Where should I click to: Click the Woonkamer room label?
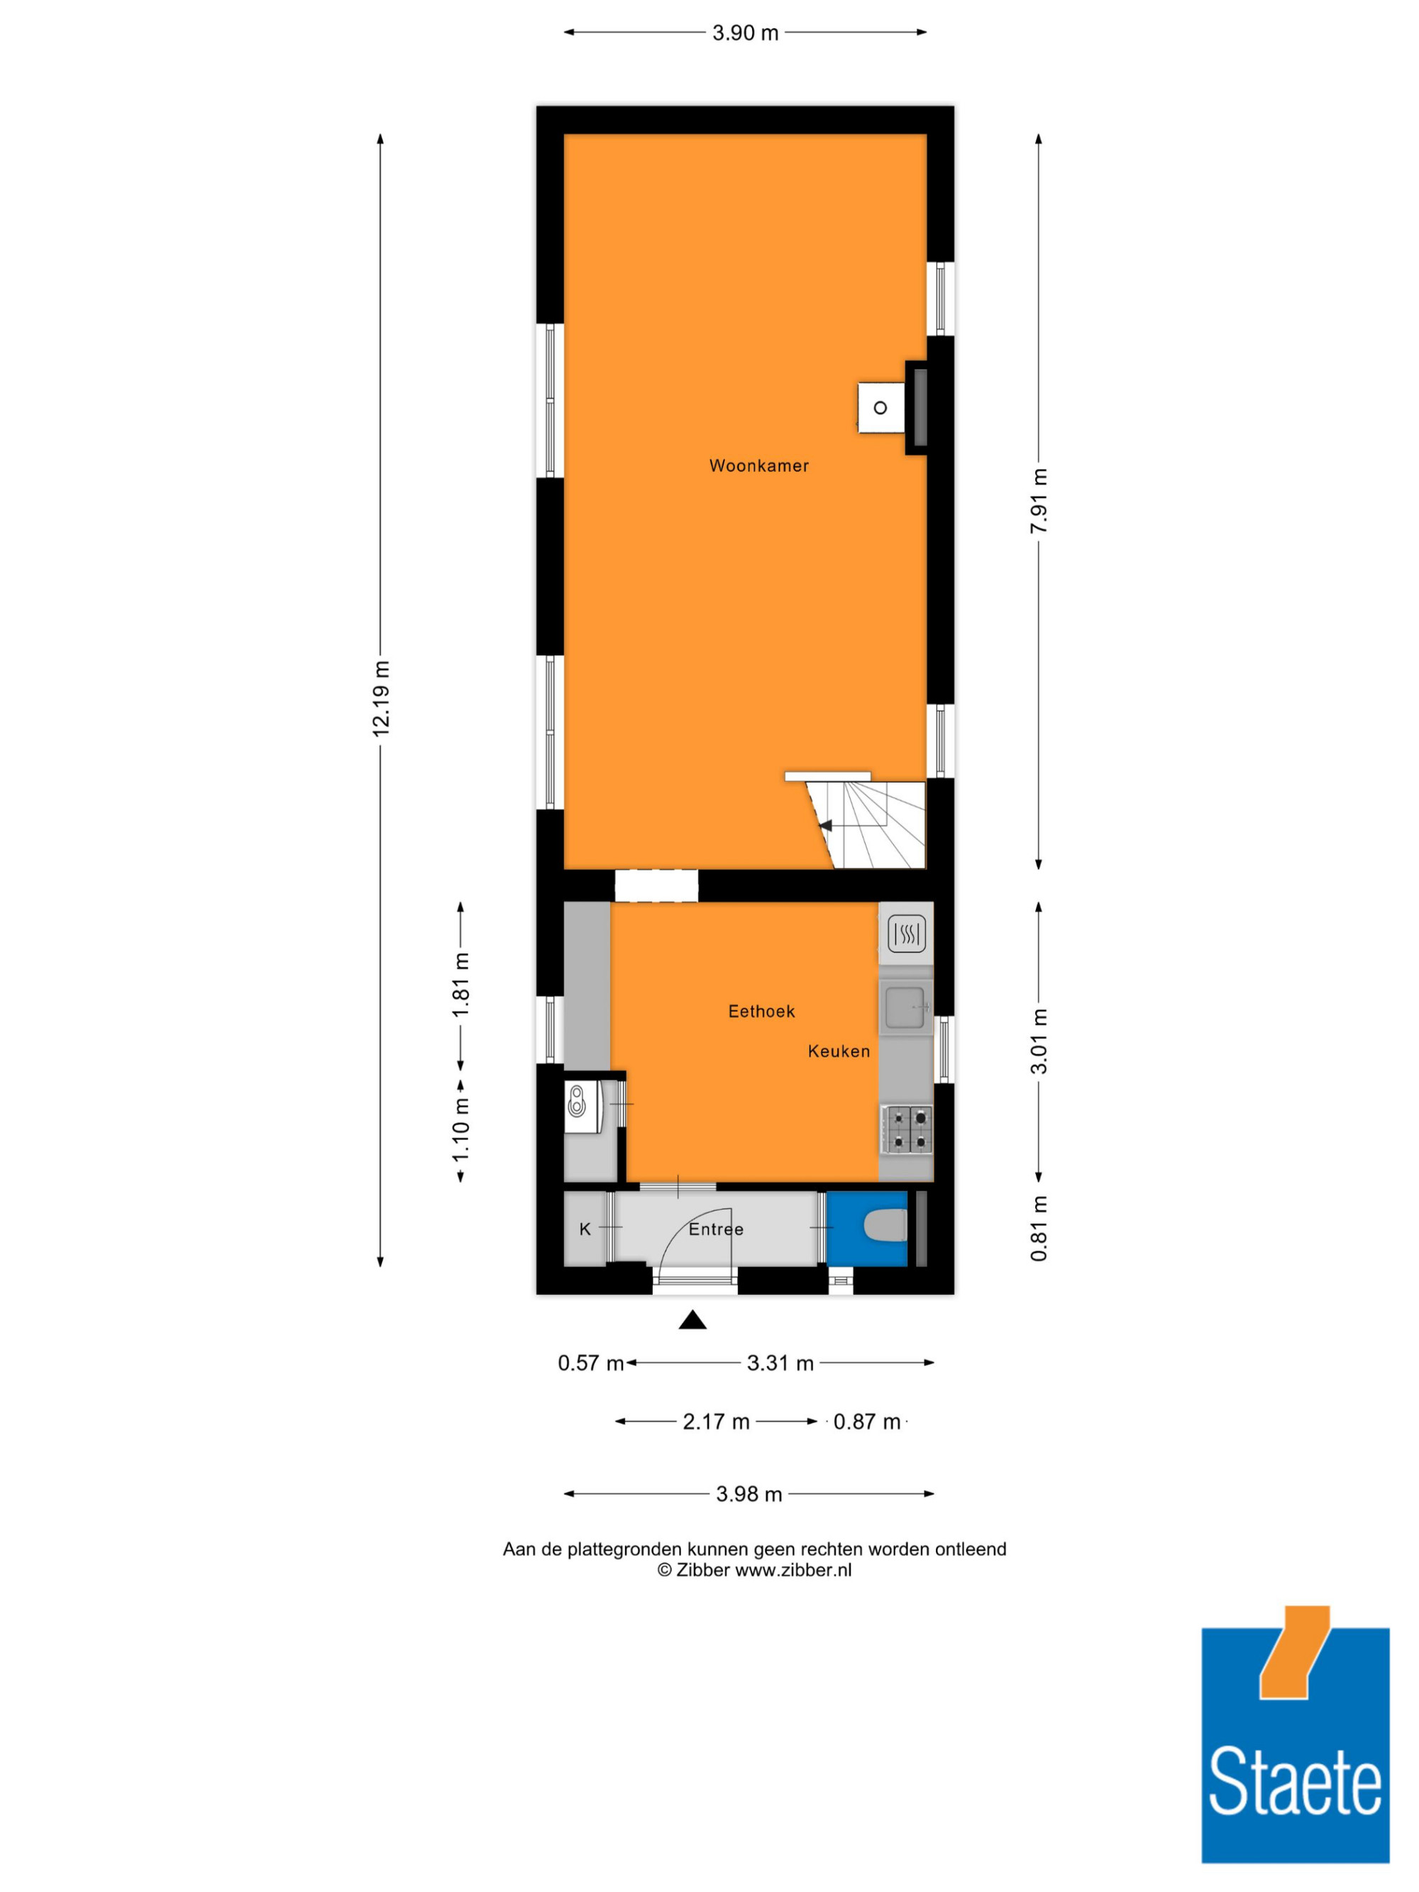pyautogui.click(x=758, y=466)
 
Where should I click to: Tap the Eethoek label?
pyautogui.click(x=761, y=1011)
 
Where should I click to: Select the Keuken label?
pyautogui.click(x=838, y=1051)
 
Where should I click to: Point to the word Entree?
pyautogui.click(x=716, y=1229)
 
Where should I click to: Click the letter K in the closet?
pyautogui.click(x=585, y=1229)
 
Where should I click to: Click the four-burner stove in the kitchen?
pyautogui.click(x=907, y=1129)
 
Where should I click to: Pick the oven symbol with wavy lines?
pyautogui.click(x=906, y=934)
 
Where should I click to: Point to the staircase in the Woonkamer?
pyautogui.click(x=866, y=824)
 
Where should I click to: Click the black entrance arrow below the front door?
pyautogui.click(x=692, y=1321)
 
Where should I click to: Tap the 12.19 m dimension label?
pyautogui.click(x=380, y=698)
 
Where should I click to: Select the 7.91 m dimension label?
pyautogui.click(x=1039, y=502)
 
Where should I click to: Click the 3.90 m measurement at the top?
pyautogui.click(x=745, y=33)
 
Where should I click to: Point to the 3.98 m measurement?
pyautogui.click(x=749, y=1493)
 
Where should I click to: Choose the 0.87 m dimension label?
pyautogui.click(x=866, y=1422)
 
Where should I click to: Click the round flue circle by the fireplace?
pyautogui.click(x=880, y=408)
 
